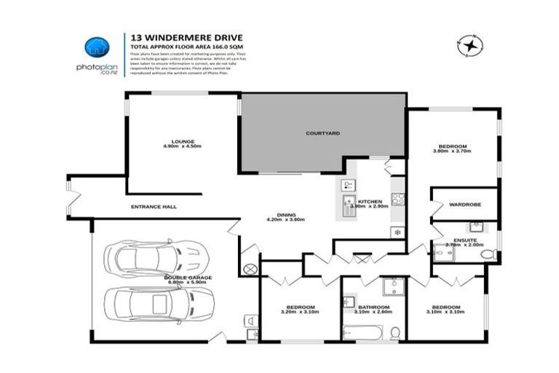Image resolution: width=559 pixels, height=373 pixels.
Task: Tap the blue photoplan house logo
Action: [97, 47]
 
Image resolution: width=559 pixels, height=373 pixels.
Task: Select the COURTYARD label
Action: [322, 133]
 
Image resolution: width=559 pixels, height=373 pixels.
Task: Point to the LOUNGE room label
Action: [182, 141]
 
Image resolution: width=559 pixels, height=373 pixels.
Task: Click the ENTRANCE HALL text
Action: [154, 207]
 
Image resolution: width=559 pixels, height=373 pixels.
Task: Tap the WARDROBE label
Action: [463, 205]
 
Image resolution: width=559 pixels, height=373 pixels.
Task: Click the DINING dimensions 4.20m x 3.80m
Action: [285, 220]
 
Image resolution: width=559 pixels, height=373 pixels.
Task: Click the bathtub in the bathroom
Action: [362, 332]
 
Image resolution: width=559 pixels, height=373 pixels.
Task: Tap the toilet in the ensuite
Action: [490, 254]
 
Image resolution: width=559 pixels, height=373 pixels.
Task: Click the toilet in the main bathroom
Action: [395, 332]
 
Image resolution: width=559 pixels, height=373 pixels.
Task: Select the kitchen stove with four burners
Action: [397, 198]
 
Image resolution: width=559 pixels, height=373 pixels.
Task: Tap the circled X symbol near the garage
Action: [250, 269]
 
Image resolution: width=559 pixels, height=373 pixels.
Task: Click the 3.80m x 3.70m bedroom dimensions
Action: [453, 151]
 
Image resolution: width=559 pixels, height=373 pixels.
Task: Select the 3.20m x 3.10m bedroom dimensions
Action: [299, 312]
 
